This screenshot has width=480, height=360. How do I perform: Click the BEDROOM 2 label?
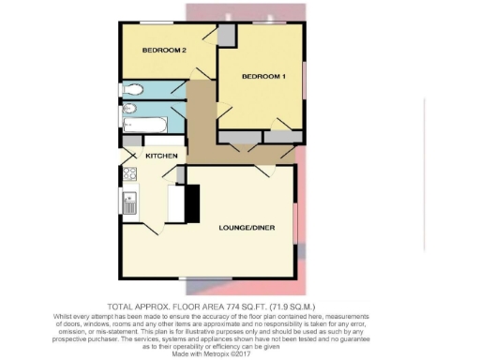tap(164, 50)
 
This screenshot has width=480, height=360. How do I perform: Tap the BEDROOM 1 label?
tap(262, 77)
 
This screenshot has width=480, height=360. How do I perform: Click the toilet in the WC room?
tap(132, 90)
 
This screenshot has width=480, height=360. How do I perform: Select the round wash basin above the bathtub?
tap(131, 109)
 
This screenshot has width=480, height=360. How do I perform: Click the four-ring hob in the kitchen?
tap(129, 174)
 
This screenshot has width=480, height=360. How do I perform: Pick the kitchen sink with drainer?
tap(129, 202)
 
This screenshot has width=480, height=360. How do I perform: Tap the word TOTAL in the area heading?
tap(125, 307)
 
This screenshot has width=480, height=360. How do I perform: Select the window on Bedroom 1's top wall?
tap(276, 21)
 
